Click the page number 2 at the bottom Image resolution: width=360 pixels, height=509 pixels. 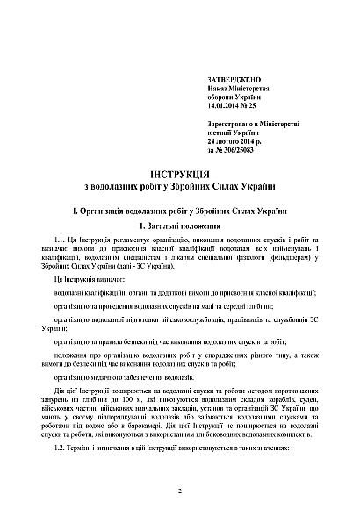(178, 491)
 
